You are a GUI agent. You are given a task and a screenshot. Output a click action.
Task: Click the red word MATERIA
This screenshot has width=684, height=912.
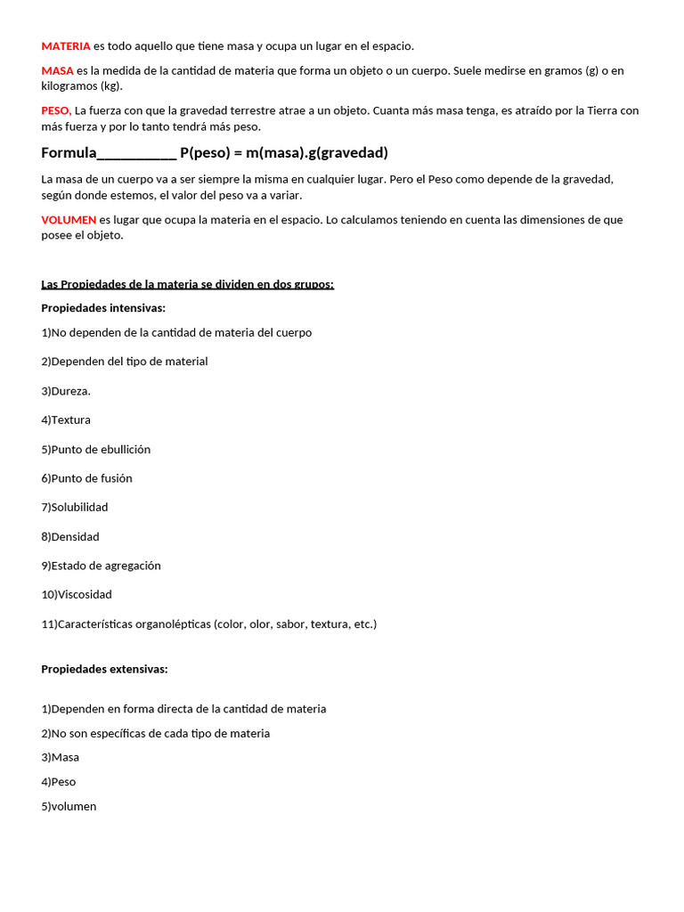66,45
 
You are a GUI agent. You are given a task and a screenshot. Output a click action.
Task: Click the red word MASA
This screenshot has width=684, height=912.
58,70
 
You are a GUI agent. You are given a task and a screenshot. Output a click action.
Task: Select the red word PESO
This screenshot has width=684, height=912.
56,111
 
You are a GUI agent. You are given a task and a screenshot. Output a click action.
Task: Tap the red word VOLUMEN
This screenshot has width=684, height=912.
69,219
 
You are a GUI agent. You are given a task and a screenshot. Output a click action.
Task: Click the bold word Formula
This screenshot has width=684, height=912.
68,152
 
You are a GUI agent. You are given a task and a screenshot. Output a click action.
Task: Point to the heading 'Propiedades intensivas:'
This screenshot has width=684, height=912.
103,308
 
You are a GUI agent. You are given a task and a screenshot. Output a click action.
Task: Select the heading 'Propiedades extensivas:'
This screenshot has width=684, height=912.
104,669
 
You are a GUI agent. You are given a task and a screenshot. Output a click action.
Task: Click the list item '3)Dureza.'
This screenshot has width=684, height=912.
66,391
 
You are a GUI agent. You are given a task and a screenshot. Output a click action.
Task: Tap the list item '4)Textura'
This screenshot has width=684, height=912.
66,419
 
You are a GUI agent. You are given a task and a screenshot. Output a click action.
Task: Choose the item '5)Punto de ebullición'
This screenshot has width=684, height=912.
96,449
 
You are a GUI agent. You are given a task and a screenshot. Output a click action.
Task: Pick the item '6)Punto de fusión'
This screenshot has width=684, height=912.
86,478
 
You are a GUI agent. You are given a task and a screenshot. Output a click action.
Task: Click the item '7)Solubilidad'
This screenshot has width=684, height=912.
75,507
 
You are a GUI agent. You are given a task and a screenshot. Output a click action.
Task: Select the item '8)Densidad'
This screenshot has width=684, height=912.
70,536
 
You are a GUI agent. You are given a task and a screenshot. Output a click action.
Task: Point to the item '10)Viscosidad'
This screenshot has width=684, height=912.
77,594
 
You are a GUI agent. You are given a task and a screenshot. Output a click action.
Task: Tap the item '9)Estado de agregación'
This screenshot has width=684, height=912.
102,566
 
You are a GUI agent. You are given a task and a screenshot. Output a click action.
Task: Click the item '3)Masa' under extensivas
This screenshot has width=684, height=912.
61,757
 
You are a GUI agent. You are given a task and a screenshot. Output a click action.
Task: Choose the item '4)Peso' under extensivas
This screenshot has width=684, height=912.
59,782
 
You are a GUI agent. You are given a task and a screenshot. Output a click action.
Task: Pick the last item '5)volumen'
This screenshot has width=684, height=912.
69,806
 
